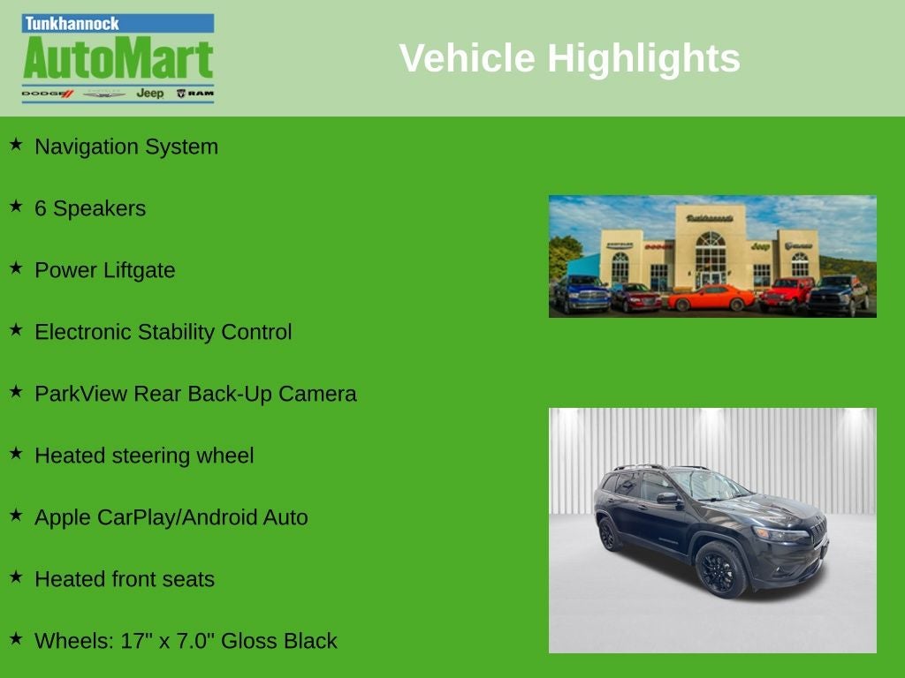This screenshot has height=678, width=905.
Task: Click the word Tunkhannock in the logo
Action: click(72, 24)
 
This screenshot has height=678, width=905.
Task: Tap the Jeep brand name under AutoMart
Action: click(150, 93)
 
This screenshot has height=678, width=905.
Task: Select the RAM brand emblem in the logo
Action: click(195, 93)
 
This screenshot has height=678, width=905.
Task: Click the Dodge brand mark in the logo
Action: click(48, 94)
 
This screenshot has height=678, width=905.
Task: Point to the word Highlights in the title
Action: click(643, 58)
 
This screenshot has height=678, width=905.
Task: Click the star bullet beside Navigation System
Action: click(16, 144)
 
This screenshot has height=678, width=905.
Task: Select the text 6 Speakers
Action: click(90, 208)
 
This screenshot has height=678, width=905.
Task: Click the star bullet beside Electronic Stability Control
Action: click(16, 330)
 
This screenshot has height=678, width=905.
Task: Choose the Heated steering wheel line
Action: click(144, 456)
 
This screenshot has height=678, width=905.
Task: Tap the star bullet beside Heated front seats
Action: click(16, 576)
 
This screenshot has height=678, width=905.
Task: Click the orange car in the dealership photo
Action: click(711, 298)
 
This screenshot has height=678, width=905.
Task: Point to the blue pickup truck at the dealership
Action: click(582, 293)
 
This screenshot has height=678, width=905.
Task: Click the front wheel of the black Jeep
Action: click(720, 569)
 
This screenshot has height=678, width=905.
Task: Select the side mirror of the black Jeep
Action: click(668, 499)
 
